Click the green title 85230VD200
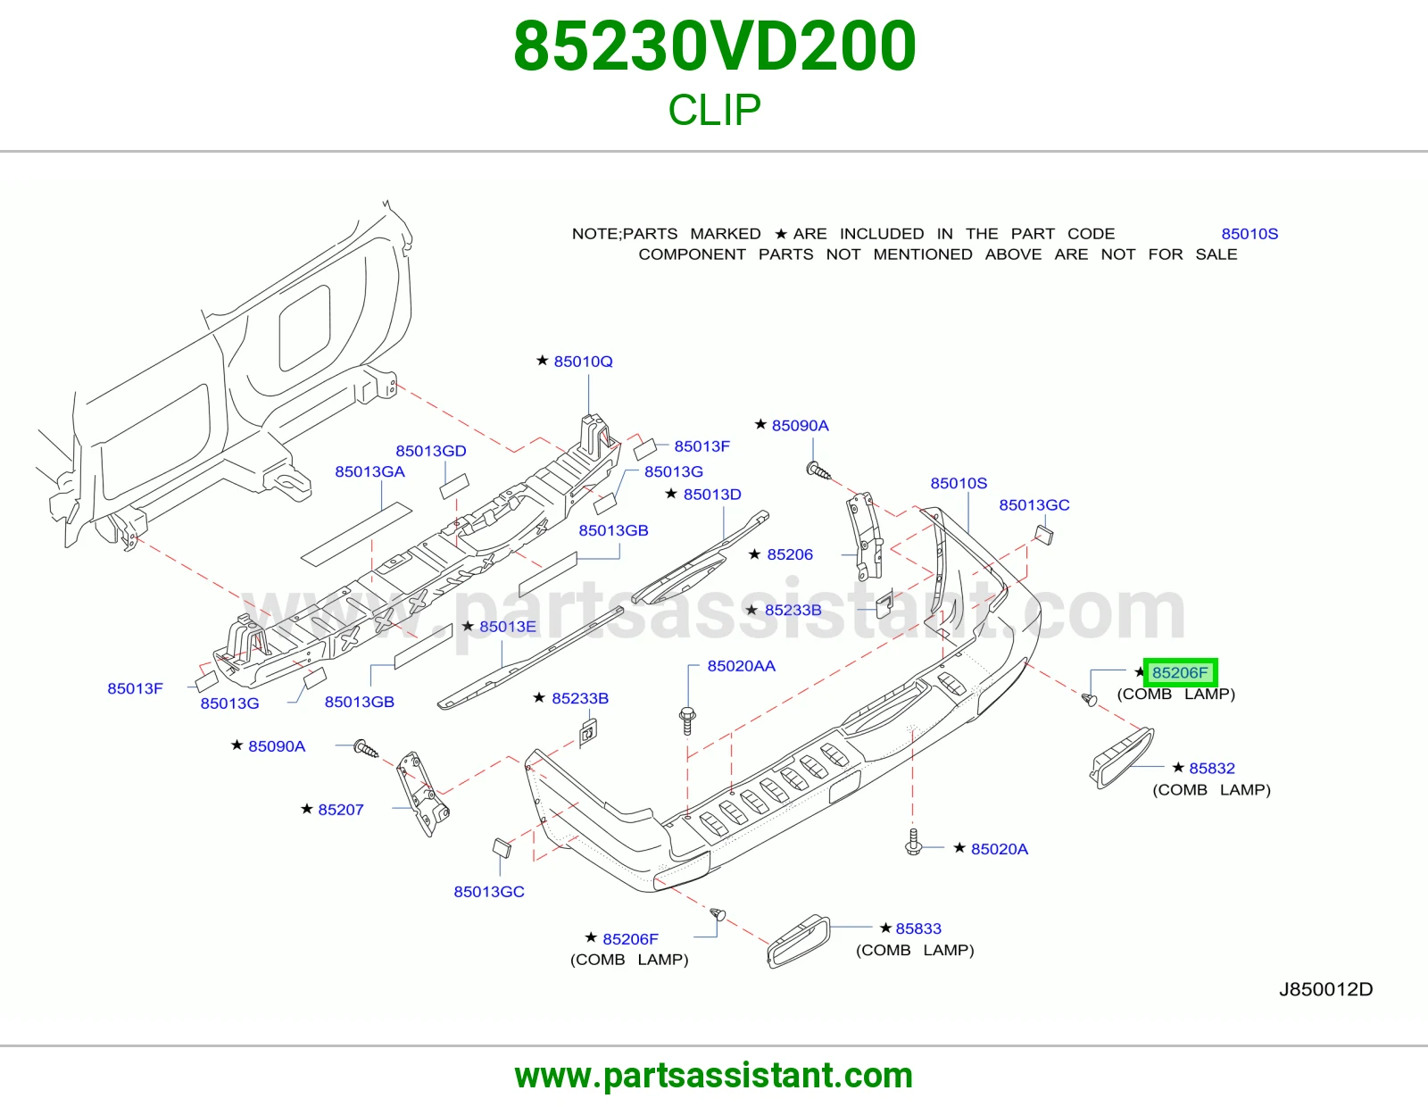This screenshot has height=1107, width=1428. (714, 46)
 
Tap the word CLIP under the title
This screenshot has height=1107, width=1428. (714, 109)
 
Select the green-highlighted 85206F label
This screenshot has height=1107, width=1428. (1180, 672)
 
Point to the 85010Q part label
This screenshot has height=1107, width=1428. (583, 362)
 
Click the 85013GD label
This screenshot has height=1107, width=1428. (430, 451)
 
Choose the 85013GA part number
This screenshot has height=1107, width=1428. (370, 471)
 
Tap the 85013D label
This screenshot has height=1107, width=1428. (712, 495)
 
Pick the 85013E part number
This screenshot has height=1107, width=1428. (508, 627)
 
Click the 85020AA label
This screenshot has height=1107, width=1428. (742, 666)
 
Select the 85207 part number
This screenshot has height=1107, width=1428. (340, 810)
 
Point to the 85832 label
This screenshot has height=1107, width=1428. (1212, 769)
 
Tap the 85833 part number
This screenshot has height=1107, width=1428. (918, 928)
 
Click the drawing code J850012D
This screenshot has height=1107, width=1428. (1325, 989)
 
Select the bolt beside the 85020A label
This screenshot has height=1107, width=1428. (913, 842)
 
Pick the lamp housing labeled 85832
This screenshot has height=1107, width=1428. (1121, 757)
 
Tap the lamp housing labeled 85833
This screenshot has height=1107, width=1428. (799, 941)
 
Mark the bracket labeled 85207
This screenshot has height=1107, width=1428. (421, 795)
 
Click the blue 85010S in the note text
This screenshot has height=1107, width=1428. (1249, 234)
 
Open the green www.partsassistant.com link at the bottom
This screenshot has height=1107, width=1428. (714, 1076)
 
